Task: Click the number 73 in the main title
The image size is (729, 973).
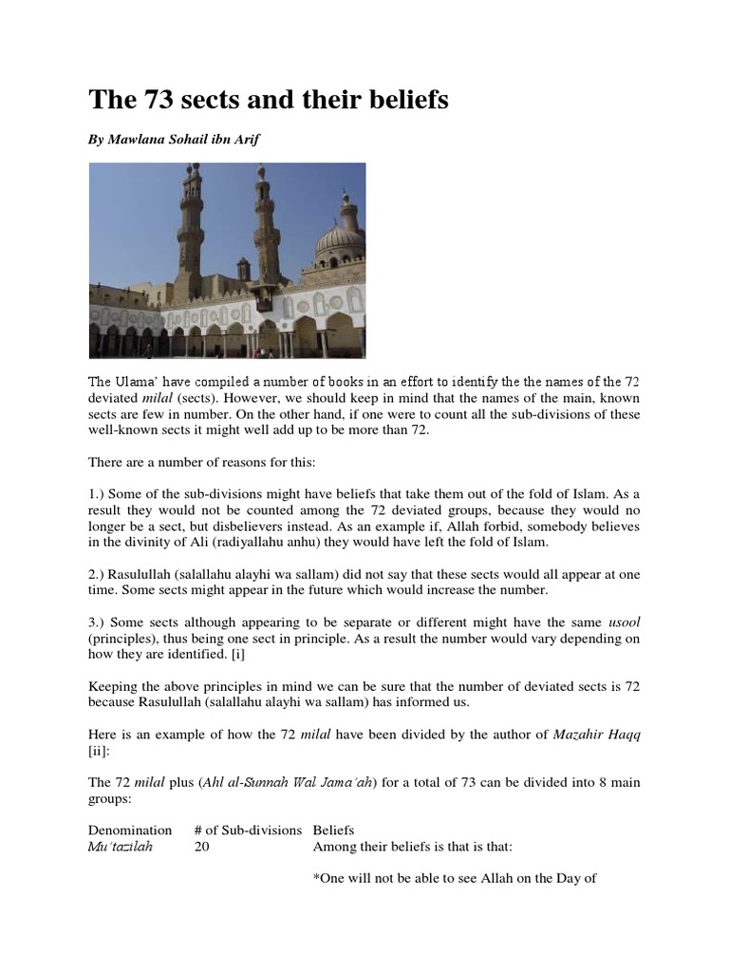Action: click(154, 100)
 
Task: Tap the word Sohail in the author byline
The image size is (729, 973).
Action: click(188, 140)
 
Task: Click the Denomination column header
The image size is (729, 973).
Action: click(130, 830)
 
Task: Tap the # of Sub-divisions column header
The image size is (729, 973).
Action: click(248, 830)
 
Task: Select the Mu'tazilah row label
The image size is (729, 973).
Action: click(121, 847)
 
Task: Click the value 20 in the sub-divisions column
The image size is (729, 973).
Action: click(201, 847)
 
